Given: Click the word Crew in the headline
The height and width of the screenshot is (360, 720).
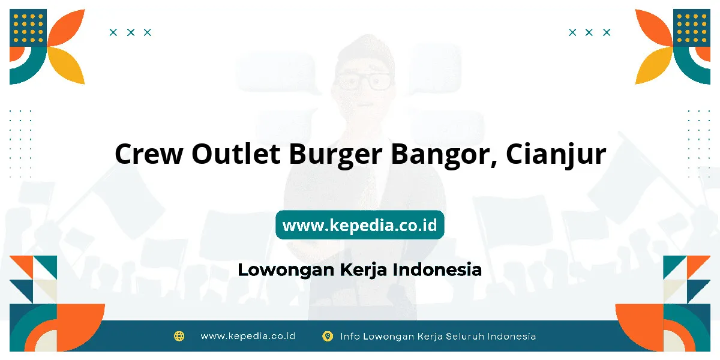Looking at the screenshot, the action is click(149, 154).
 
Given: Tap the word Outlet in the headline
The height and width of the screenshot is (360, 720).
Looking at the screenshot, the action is click(236, 154).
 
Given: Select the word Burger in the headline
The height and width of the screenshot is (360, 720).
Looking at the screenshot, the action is click(335, 155).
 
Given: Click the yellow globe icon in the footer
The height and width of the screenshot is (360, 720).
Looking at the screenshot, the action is click(179, 336).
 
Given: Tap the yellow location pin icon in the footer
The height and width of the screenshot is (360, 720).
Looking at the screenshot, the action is click(328, 336).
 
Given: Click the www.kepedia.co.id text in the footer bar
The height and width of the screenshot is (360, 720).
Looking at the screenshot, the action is click(248, 336).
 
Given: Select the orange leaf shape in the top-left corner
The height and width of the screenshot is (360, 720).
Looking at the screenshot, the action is click(66, 28).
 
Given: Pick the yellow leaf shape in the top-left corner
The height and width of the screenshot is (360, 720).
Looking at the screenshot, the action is click(66, 65).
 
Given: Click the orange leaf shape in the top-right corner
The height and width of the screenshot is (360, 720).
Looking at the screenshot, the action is click(654, 28).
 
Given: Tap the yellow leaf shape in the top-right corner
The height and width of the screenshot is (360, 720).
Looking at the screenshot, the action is click(654, 65).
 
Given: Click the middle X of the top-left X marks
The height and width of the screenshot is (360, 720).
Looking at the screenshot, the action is click(131, 32).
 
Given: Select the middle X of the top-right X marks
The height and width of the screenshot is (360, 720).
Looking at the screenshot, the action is click(589, 32).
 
